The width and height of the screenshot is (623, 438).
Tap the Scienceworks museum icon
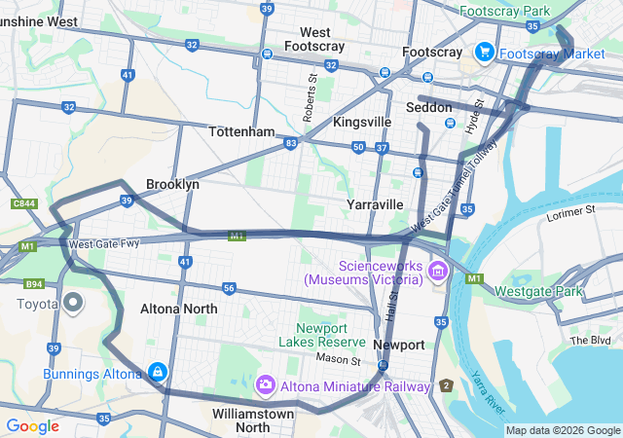pyautogui.click(x=437, y=271)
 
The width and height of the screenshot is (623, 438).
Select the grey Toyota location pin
pyautogui.click(x=74, y=303)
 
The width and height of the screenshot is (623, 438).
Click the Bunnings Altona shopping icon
pyautogui.click(x=157, y=372)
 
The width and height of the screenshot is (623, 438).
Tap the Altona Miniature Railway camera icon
pyautogui.click(x=265, y=385)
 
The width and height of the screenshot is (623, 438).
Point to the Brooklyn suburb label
pyautogui.click(x=172, y=184)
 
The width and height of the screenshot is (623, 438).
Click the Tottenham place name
pyautogui.click(x=241, y=131)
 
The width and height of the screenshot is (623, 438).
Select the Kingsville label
pyautogui.click(x=361, y=122)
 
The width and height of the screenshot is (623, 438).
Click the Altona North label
pyautogui.click(x=178, y=309)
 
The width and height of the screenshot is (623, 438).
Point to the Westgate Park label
pyautogui.click(x=538, y=291)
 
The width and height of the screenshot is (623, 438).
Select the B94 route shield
pyautogui.click(x=34, y=284)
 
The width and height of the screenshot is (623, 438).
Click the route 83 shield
pyautogui.click(x=291, y=143)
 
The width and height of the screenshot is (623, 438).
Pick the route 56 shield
pyautogui.click(x=229, y=288)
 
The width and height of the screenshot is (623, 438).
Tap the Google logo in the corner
pyautogui.click(x=33, y=425)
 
